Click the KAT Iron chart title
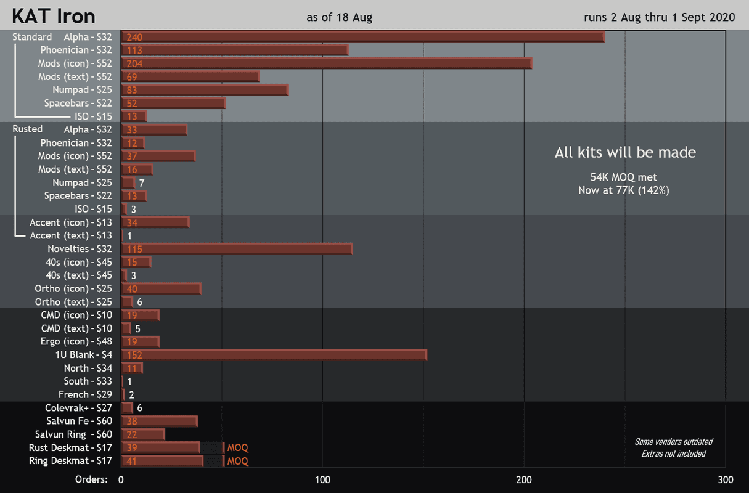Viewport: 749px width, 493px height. tap(54, 16)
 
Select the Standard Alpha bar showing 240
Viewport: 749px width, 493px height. tap(362, 37)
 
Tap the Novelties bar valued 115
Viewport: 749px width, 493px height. tap(237, 249)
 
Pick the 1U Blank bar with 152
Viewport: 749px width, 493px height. tap(274, 355)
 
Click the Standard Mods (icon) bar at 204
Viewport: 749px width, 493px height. tap(326, 63)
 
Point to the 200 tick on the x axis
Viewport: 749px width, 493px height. tap(523, 479)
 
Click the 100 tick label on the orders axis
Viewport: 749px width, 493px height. tap(322, 479)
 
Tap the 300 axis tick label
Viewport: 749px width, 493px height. tap(726, 479)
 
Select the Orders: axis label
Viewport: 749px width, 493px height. tap(91, 479)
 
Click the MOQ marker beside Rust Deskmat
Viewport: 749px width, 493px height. tap(237, 448)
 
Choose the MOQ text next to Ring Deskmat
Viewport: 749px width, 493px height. tap(237, 461)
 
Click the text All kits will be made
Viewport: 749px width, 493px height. tap(624, 152)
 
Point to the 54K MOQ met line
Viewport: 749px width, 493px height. tap(623, 177)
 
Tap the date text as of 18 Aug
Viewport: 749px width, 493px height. tap(339, 17)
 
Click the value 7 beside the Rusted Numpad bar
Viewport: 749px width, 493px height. tap(142, 183)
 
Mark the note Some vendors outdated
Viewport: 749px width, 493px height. tap(673, 442)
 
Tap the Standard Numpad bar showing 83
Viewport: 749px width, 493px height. tap(205, 90)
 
